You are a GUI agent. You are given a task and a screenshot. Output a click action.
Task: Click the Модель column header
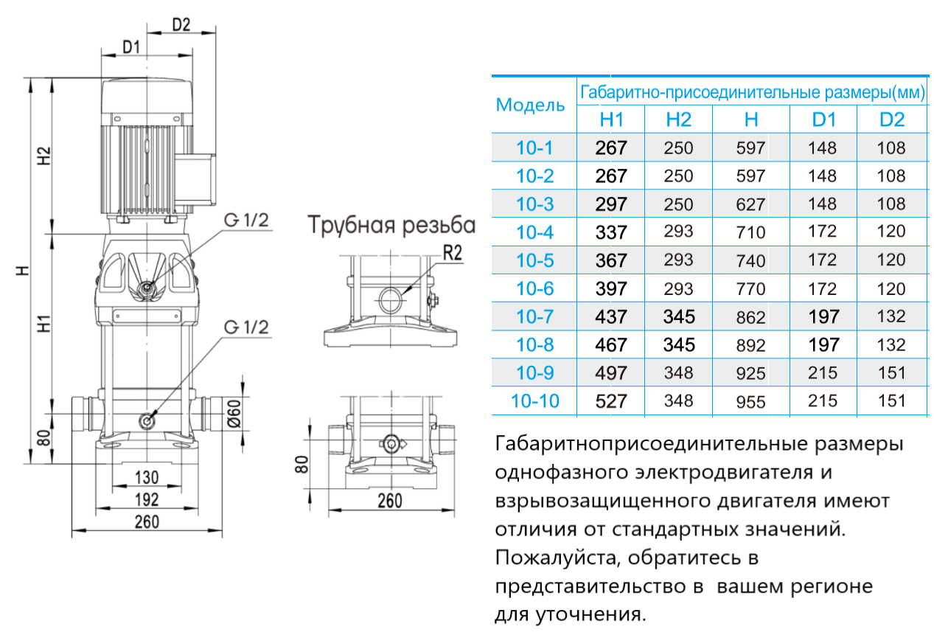click(x=530, y=105)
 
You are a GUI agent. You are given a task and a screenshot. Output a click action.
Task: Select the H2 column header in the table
click(x=678, y=119)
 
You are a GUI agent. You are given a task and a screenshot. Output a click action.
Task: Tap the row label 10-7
click(x=535, y=316)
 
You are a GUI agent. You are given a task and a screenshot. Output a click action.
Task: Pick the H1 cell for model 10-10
click(x=611, y=401)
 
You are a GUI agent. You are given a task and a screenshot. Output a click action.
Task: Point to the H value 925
click(x=750, y=373)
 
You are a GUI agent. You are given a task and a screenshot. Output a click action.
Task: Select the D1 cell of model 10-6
click(x=823, y=288)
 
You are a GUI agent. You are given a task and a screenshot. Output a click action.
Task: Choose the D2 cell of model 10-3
click(x=891, y=204)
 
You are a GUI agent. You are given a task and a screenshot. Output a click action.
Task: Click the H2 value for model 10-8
click(x=678, y=344)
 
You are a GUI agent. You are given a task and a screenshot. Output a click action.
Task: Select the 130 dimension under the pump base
click(x=147, y=476)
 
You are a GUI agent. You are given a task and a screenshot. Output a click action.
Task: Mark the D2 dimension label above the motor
click(x=181, y=24)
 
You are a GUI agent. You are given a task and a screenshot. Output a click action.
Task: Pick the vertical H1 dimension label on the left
click(x=43, y=322)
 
